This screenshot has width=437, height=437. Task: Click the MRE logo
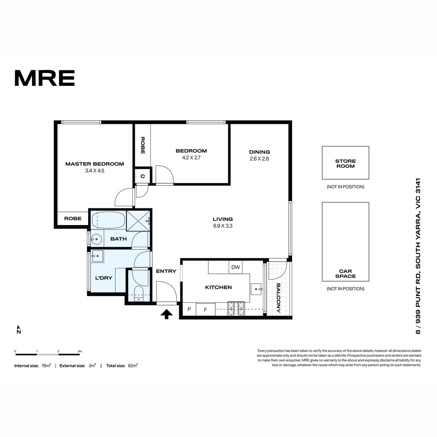coord(45,78)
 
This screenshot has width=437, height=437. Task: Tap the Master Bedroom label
coord(95,164)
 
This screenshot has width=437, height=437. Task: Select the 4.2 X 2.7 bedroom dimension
coord(191,158)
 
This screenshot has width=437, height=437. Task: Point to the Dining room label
coord(259,152)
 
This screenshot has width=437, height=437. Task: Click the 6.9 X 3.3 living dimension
coord(223,226)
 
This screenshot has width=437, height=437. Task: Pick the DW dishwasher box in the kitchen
coord(235,267)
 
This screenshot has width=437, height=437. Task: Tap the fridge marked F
coord(205,309)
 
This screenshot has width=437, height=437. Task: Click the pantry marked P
coord(189,309)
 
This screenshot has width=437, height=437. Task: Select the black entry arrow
coord(167,314)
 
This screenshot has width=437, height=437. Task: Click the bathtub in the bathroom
coord(108,220)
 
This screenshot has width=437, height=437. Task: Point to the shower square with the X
coord(138,221)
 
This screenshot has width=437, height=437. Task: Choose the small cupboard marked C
coord(143,176)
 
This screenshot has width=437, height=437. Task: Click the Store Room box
coord(345,162)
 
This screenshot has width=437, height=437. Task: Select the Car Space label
coord(345,273)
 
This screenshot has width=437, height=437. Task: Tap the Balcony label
coord(279,298)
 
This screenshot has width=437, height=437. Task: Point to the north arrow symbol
coord(19,330)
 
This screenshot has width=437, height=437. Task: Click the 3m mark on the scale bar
coord(80,351)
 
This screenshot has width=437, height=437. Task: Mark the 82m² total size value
coord(133,366)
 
